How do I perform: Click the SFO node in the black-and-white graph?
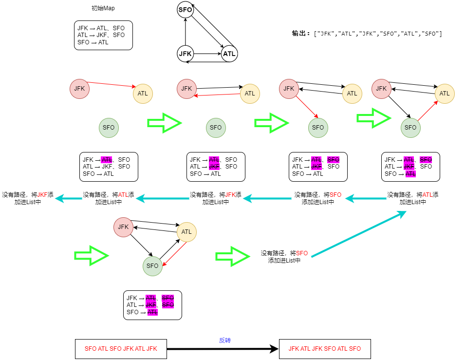click(x=186, y=10)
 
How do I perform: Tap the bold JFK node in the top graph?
click(x=186, y=54)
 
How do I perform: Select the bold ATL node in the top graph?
click(x=229, y=54)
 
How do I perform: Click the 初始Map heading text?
click(x=103, y=8)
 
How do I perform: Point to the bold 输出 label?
click(x=300, y=34)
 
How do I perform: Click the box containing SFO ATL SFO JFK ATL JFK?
click(x=121, y=349)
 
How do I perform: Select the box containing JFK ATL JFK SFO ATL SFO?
click(x=325, y=349)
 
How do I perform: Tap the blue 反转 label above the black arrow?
click(x=224, y=340)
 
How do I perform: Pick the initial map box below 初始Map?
click(x=103, y=35)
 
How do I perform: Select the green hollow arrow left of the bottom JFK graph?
click(x=92, y=255)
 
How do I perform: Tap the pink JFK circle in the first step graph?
click(x=79, y=88)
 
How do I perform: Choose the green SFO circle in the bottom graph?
click(x=152, y=265)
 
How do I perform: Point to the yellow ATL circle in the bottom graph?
click(x=186, y=232)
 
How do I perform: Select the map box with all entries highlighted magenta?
click(x=152, y=305)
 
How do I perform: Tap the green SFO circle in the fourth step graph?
click(x=410, y=127)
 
